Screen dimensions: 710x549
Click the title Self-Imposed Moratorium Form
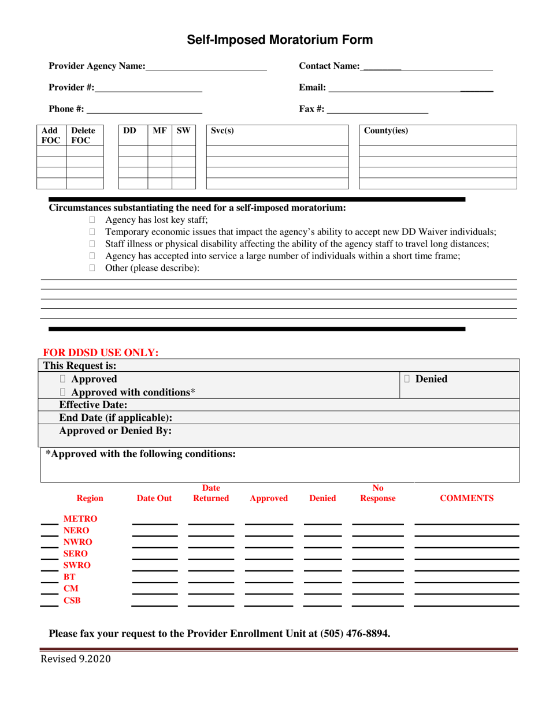pos(279,40)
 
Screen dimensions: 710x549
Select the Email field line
pos(410,88)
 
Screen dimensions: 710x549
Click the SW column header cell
pos(184,131)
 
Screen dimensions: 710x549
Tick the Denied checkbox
pos(408,379)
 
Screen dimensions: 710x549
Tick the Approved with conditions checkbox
pos(64,393)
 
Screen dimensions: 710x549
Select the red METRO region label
pos(80,519)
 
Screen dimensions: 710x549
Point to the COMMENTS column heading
pos(466,498)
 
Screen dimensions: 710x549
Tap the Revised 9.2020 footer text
pos(75,660)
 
